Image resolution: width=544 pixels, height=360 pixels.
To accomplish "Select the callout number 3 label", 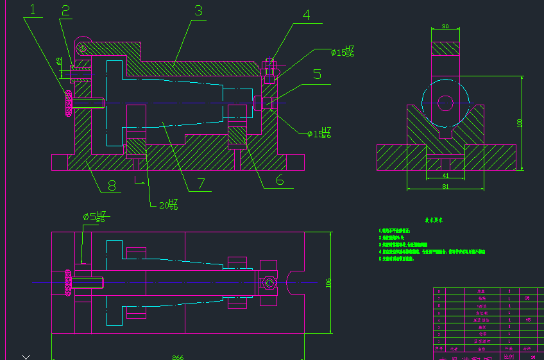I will [x=199, y=10].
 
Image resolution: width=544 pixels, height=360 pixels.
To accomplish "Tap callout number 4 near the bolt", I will [x=307, y=15].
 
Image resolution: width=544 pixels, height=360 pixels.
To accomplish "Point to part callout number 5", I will [x=317, y=74].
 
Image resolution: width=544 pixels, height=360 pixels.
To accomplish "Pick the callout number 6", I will [x=280, y=180].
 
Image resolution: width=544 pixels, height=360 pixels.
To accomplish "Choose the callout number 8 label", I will [x=112, y=186].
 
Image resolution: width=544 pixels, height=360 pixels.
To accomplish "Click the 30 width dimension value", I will [x=445, y=27].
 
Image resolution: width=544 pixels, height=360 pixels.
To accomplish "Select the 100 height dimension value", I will [x=520, y=122].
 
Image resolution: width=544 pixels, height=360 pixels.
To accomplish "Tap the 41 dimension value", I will [x=445, y=175].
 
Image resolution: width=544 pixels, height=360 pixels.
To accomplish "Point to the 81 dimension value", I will [x=445, y=187].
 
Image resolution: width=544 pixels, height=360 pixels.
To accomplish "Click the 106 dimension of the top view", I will [x=328, y=282].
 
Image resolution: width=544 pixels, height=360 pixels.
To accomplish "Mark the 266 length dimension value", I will [x=177, y=357].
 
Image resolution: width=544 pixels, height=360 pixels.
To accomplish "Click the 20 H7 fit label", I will [x=168, y=205].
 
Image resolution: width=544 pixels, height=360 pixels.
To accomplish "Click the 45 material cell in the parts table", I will [x=527, y=319].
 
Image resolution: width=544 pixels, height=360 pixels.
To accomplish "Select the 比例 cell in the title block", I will [x=509, y=356].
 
